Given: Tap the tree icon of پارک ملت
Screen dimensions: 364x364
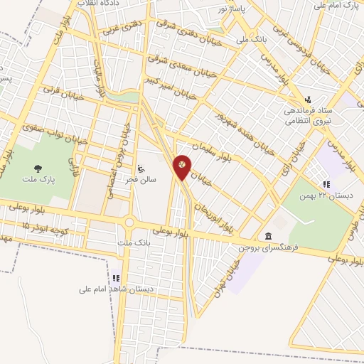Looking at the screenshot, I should (36, 168).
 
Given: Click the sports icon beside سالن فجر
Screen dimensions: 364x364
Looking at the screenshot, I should (141, 169).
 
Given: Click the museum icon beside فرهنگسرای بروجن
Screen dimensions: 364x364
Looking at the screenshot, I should (268, 236).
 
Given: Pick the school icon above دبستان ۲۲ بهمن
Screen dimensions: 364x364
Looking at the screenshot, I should (326, 184).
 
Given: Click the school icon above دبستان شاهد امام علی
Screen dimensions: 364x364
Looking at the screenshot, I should (116, 278).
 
